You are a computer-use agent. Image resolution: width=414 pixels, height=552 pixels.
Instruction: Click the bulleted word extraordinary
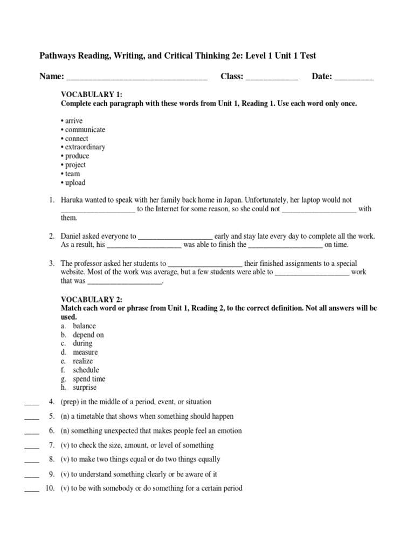click(x=85, y=147)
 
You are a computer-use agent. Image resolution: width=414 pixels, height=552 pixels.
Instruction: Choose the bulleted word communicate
click(x=85, y=130)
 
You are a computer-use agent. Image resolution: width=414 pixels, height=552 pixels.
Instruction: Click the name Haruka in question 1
click(x=72, y=200)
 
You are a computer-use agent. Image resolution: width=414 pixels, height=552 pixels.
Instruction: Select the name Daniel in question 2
click(x=71, y=236)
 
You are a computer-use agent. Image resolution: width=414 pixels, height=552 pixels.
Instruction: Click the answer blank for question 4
click(x=32, y=402)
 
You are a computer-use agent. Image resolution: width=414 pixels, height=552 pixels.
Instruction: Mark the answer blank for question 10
click(x=32, y=489)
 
